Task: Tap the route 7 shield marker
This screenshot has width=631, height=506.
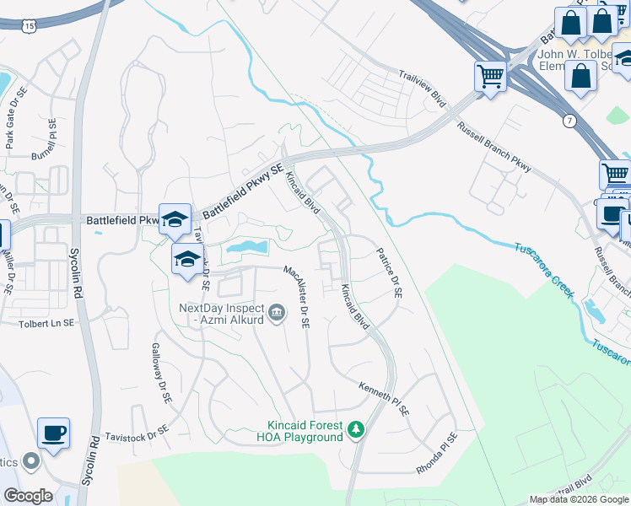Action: [x=571, y=121]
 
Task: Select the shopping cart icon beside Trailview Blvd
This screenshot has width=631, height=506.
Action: [x=490, y=76]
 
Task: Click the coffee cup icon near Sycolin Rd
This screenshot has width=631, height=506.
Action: [x=54, y=433]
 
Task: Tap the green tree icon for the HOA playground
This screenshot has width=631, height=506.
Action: [x=356, y=430]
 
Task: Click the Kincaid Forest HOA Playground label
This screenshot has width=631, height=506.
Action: [x=305, y=430]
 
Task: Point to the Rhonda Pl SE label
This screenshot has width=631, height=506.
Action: [x=436, y=453]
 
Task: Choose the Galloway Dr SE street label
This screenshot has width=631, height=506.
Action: [x=161, y=371]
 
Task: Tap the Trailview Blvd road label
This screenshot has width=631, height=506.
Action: [x=422, y=87]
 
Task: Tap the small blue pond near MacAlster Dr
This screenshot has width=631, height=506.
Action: [x=245, y=248]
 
